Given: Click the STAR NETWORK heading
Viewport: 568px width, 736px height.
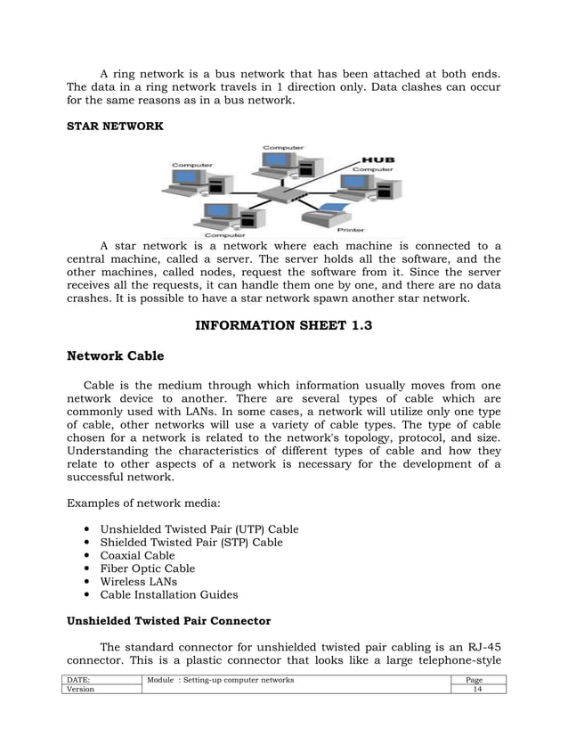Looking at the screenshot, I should [x=116, y=127].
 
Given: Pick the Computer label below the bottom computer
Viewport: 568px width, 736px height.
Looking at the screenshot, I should [x=225, y=235].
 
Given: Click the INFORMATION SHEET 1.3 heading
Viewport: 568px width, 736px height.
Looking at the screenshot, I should [x=283, y=326].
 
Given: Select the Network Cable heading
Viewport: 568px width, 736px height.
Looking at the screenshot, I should [x=116, y=357].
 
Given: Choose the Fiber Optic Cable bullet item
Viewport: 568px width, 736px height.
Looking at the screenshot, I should [x=147, y=568].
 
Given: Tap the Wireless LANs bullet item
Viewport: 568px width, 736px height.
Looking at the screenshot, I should [x=138, y=582].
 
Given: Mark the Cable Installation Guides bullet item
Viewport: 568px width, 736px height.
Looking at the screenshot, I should [x=169, y=595].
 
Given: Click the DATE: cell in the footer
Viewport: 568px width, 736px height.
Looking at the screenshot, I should [x=80, y=681].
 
